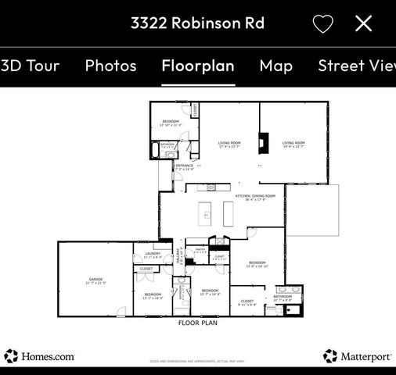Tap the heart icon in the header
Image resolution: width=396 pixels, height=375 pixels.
322,23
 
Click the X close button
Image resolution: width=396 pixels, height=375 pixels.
363,23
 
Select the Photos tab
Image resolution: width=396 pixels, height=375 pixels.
110,66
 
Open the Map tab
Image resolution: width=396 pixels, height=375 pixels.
276,66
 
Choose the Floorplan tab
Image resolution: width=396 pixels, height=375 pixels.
198,66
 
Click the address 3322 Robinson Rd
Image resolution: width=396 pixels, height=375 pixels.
197,23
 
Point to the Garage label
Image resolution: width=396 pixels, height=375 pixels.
95,281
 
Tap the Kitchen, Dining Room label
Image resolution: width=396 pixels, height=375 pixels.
255,197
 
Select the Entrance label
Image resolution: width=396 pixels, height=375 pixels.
185,166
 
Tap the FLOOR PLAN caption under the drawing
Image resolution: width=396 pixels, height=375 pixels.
198,323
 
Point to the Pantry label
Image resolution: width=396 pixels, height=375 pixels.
201,252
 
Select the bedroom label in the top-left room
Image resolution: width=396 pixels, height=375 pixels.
171,122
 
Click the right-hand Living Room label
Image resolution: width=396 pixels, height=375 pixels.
293,144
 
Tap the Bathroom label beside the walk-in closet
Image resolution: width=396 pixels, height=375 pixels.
283,298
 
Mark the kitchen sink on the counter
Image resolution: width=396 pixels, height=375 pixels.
210,188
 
